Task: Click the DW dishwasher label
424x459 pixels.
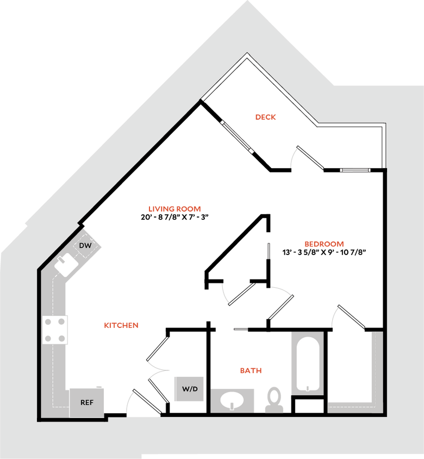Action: coord(85,246)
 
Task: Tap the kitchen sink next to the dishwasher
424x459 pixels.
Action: coord(66,266)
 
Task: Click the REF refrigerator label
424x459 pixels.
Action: coord(87,403)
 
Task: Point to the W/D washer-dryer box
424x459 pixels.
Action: coord(189,389)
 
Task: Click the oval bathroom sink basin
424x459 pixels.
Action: coord(233,401)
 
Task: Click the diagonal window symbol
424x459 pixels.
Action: coord(238,137)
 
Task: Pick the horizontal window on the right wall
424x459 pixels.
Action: coord(356,170)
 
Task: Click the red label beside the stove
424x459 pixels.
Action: coord(121,326)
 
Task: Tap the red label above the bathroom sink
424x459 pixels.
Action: coord(251,370)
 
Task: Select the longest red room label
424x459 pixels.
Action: coord(174,209)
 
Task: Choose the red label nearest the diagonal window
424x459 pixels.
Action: coord(266,116)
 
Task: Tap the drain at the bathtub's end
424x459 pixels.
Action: coord(308,388)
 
